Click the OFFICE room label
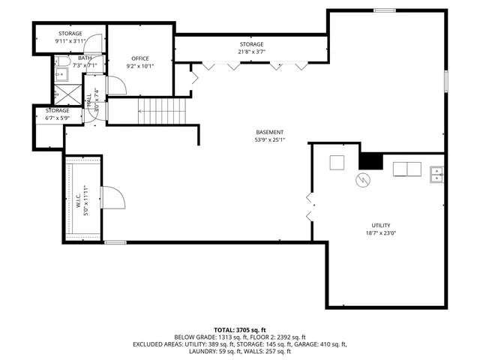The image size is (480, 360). click(140, 58)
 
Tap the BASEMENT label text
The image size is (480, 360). click(269, 132)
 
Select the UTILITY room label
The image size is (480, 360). click(380, 225)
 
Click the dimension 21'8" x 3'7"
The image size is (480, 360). click(252, 52)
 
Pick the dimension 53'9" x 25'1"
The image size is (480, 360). click(269, 140)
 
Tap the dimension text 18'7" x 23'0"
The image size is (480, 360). click(380, 233)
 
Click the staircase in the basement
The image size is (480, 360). click(163, 112)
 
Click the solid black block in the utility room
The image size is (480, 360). click(370, 161)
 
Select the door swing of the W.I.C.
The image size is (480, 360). click(112, 198)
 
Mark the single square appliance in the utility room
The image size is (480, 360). click(337, 162)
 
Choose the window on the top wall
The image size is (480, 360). click(385, 10)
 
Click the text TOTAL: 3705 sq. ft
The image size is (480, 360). click(240, 329)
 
